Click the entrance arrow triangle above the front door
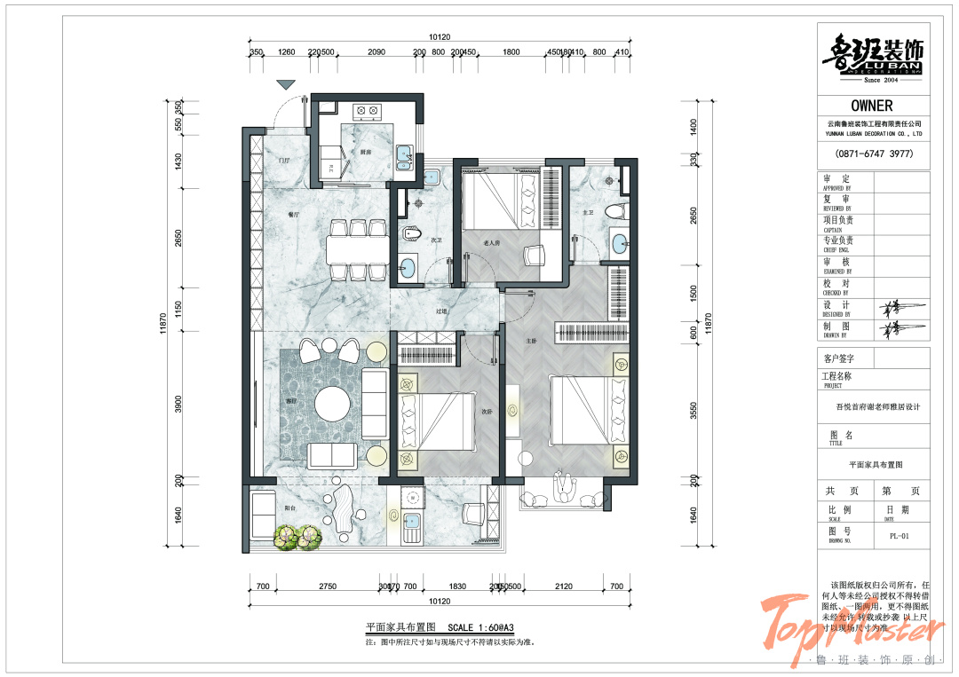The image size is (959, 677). point(285,84)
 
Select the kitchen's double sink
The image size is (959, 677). point(405,156)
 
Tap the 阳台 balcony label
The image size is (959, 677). point(289,508)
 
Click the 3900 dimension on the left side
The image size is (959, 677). point(178,405)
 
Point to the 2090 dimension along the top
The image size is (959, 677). point(376,52)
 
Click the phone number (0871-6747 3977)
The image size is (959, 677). point(873,154)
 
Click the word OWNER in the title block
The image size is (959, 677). point(871,106)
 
